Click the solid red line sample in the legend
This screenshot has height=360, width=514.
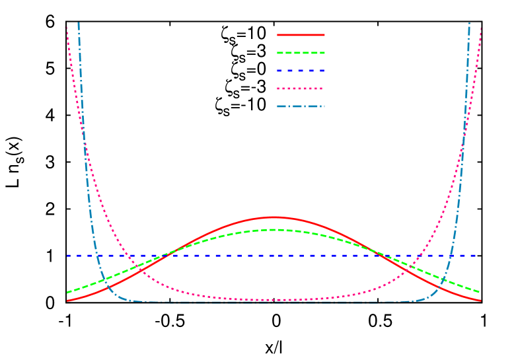[x=301, y=34]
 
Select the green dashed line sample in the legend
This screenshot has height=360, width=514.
[x=301, y=52]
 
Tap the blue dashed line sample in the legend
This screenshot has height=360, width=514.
[x=301, y=70]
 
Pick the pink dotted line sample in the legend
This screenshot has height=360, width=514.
[x=301, y=88]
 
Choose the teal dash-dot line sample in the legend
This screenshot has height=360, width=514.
[x=301, y=106]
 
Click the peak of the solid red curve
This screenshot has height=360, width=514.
[x=274, y=217]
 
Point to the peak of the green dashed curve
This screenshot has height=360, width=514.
[x=274, y=229]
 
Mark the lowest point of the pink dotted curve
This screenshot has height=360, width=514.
[x=274, y=300]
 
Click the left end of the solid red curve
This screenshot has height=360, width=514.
[x=67, y=301]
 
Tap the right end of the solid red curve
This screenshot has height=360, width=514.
[x=480, y=301]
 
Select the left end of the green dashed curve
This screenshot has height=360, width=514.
[x=67, y=292]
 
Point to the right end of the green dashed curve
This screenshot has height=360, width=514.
[x=480, y=292]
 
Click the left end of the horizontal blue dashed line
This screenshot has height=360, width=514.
[x=67, y=255]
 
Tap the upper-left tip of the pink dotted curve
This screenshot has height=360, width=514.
[x=66, y=27]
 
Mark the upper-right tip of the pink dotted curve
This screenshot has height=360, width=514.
[x=480, y=28]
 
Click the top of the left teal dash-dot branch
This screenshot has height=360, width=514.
[x=79, y=23]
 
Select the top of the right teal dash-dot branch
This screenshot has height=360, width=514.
[x=469, y=23]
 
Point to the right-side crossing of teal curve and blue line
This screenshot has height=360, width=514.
[x=451, y=255]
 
